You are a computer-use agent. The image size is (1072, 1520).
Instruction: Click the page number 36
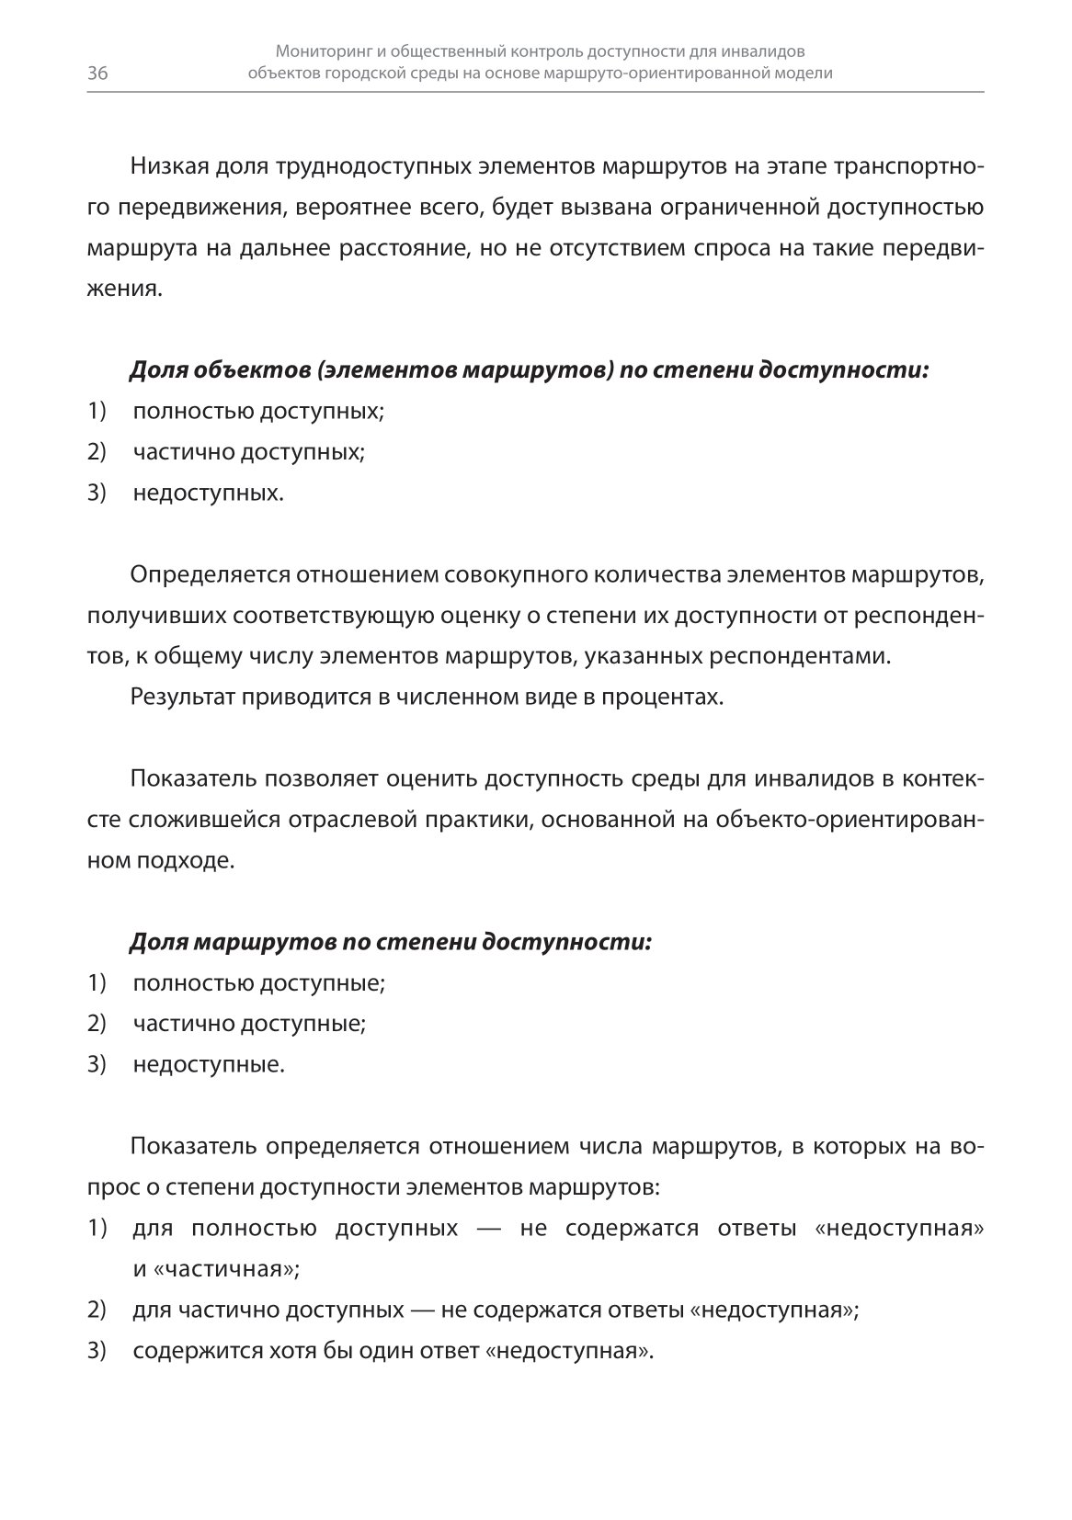click(x=97, y=74)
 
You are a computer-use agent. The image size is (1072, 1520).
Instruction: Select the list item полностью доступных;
click(x=258, y=411)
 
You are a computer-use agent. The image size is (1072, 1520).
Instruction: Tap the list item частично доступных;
click(x=248, y=452)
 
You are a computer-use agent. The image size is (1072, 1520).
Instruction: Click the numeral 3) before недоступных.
click(x=97, y=493)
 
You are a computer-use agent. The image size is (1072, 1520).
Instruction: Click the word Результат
click(x=184, y=698)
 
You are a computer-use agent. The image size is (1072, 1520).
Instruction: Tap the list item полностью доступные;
click(x=258, y=983)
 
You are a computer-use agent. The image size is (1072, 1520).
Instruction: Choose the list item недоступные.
click(x=209, y=1065)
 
